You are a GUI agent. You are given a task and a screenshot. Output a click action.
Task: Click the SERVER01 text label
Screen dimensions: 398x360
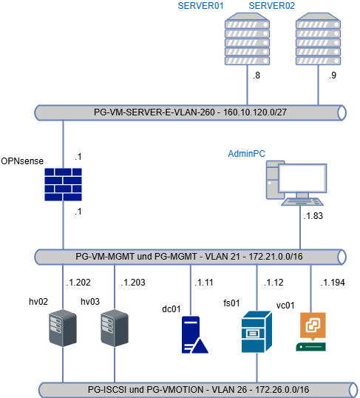click(x=201, y=6)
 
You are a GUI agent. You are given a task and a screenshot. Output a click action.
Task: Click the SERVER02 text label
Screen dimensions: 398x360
click(x=272, y=6)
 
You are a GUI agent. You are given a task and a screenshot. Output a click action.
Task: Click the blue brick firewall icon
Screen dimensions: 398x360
click(x=63, y=184)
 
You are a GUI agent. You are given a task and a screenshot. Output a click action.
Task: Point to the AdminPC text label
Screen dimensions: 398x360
click(x=246, y=153)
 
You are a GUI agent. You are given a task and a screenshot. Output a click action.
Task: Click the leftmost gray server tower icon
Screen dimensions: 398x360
click(x=63, y=328)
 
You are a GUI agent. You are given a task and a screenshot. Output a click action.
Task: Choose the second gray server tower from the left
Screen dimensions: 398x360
click(x=115, y=328)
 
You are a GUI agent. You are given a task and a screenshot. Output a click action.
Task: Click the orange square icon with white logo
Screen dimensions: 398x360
click(x=312, y=326)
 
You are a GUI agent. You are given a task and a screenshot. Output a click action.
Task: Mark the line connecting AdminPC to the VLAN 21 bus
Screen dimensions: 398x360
click(x=299, y=229)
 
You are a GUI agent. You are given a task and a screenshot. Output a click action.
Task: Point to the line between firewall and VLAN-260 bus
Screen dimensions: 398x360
click(x=63, y=144)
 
